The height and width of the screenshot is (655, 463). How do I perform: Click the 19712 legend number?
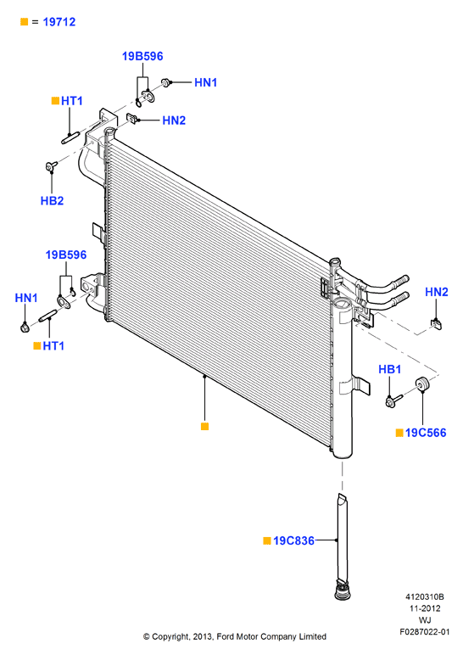(59, 22)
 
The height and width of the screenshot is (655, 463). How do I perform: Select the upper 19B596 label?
(142, 56)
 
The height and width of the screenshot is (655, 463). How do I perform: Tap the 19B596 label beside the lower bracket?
(66, 255)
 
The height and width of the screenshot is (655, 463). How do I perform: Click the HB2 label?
(53, 200)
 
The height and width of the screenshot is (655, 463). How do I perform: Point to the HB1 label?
(389, 369)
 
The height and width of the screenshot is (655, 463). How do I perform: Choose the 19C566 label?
(426, 433)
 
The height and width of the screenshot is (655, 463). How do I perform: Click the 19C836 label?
(293, 540)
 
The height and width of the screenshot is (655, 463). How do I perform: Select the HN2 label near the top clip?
(174, 120)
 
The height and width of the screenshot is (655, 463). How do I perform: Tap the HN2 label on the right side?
(436, 292)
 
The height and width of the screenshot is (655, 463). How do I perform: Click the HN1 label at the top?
(206, 82)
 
